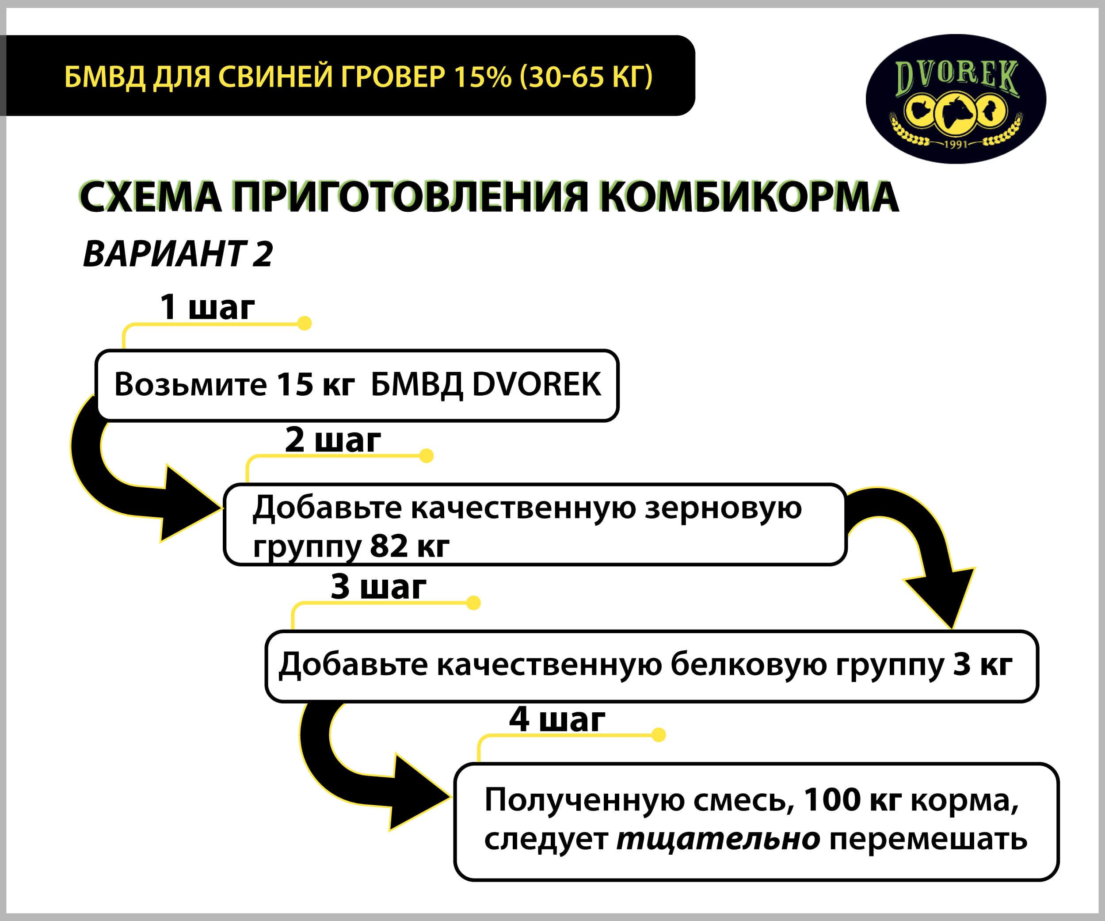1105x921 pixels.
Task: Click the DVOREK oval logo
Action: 956,99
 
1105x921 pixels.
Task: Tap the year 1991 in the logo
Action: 956,144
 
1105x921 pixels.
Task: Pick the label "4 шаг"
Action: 557,719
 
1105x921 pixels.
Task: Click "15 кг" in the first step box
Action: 316,384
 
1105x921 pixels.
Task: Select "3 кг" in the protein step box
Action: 983,664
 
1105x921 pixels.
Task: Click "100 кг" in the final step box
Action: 853,800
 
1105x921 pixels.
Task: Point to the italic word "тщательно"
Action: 718,839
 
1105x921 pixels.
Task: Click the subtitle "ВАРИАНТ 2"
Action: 178,254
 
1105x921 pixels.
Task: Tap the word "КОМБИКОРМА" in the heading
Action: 749,197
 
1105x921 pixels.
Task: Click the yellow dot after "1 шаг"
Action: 304,323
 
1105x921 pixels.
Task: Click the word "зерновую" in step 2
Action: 723,508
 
